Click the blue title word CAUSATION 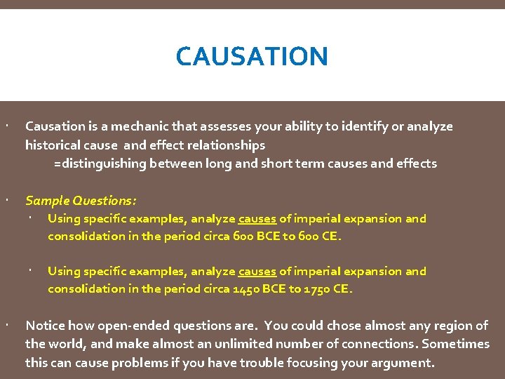tap(252, 56)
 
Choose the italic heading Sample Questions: tap(81, 201)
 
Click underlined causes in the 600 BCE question tap(257, 219)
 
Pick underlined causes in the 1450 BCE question tap(257, 272)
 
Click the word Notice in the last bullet tap(44, 326)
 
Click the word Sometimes tap(457, 344)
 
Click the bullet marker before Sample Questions tap(5, 201)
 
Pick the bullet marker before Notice tap(5, 326)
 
